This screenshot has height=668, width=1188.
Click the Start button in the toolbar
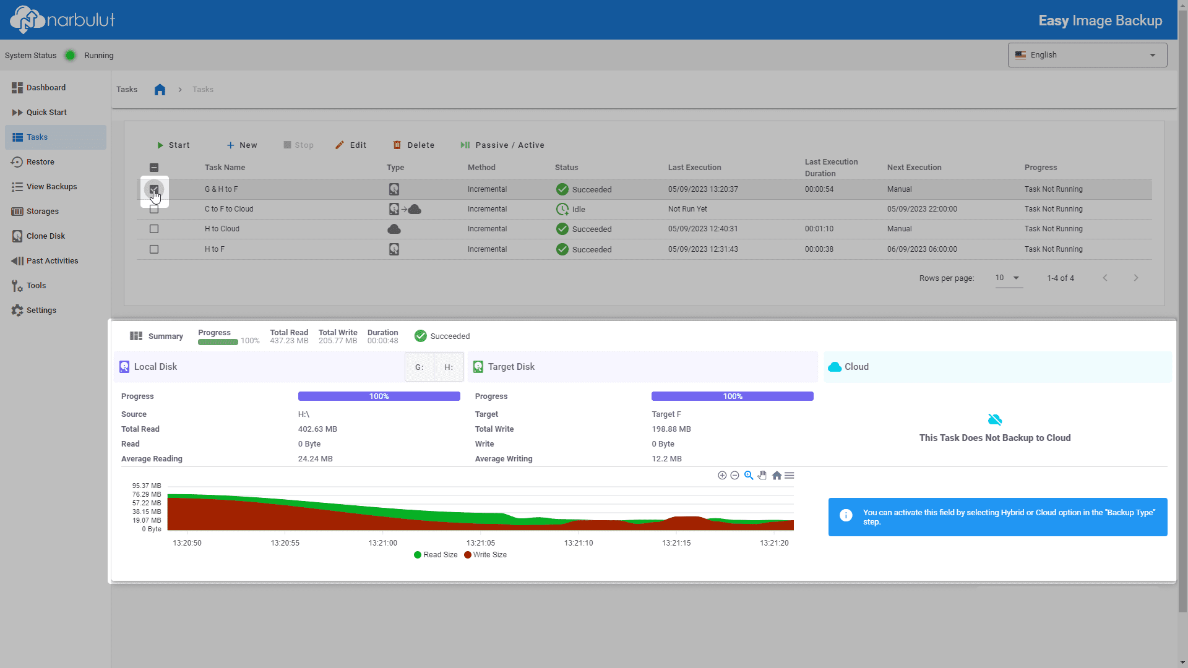pyautogui.click(x=173, y=145)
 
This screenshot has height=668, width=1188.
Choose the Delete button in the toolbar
pyautogui.click(x=414, y=145)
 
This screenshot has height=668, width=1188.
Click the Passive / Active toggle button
pyautogui.click(x=502, y=145)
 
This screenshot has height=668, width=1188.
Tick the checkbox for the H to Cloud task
pyautogui.click(x=154, y=229)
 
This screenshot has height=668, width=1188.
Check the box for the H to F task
pyautogui.click(x=154, y=249)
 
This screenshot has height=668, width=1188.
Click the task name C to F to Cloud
pyautogui.click(x=229, y=209)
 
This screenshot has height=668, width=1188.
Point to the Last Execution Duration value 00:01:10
pyautogui.click(x=819, y=229)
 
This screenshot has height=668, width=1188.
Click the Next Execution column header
pyautogui.click(x=914, y=168)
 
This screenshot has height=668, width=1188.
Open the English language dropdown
pyautogui.click(x=1087, y=55)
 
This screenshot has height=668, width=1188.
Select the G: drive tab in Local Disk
pyautogui.click(x=420, y=367)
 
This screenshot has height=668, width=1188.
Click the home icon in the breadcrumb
pyautogui.click(x=160, y=90)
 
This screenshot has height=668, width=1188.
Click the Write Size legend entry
pyautogui.click(x=486, y=555)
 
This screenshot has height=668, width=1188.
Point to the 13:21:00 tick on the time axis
pyautogui.click(x=383, y=543)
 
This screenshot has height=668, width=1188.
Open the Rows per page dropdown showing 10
pyautogui.click(x=1008, y=278)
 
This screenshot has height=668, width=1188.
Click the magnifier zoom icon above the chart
pyautogui.click(x=749, y=476)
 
